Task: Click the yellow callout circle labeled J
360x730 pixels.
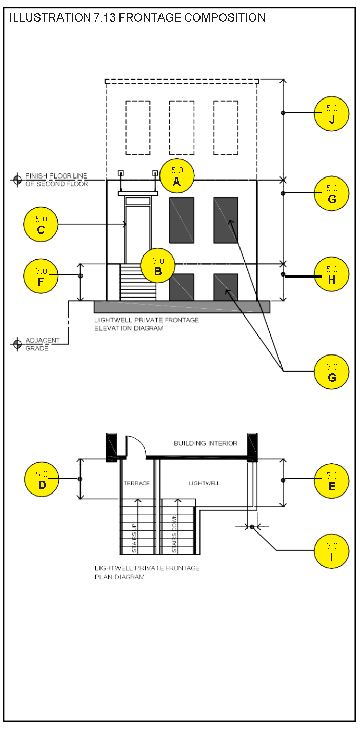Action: (332, 114)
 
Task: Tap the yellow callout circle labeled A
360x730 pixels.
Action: (177, 176)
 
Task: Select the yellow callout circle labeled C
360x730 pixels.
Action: (41, 224)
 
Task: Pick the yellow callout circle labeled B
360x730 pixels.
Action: (157, 266)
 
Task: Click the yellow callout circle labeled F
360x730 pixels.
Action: (41, 276)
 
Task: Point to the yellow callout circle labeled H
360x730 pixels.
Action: (332, 274)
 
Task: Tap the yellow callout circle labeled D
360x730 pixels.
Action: (42, 479)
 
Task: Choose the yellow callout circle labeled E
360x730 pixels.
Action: (332, 481)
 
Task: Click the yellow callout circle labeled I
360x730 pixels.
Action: (332, 551)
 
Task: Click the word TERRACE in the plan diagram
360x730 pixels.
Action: (136, 483)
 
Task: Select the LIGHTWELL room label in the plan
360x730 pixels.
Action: (204, 483)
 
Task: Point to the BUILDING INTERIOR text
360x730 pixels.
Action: (206, 443)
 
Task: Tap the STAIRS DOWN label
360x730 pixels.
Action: (174, 534)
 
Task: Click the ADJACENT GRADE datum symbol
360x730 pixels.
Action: (17, 344)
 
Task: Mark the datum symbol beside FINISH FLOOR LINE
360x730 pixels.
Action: (17, 180)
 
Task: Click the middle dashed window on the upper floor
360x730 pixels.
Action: (182, 128)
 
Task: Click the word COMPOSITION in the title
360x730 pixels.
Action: (225, 17)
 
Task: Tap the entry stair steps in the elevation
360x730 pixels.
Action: (138, 282)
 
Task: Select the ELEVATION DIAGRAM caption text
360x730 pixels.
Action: (129, 328)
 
